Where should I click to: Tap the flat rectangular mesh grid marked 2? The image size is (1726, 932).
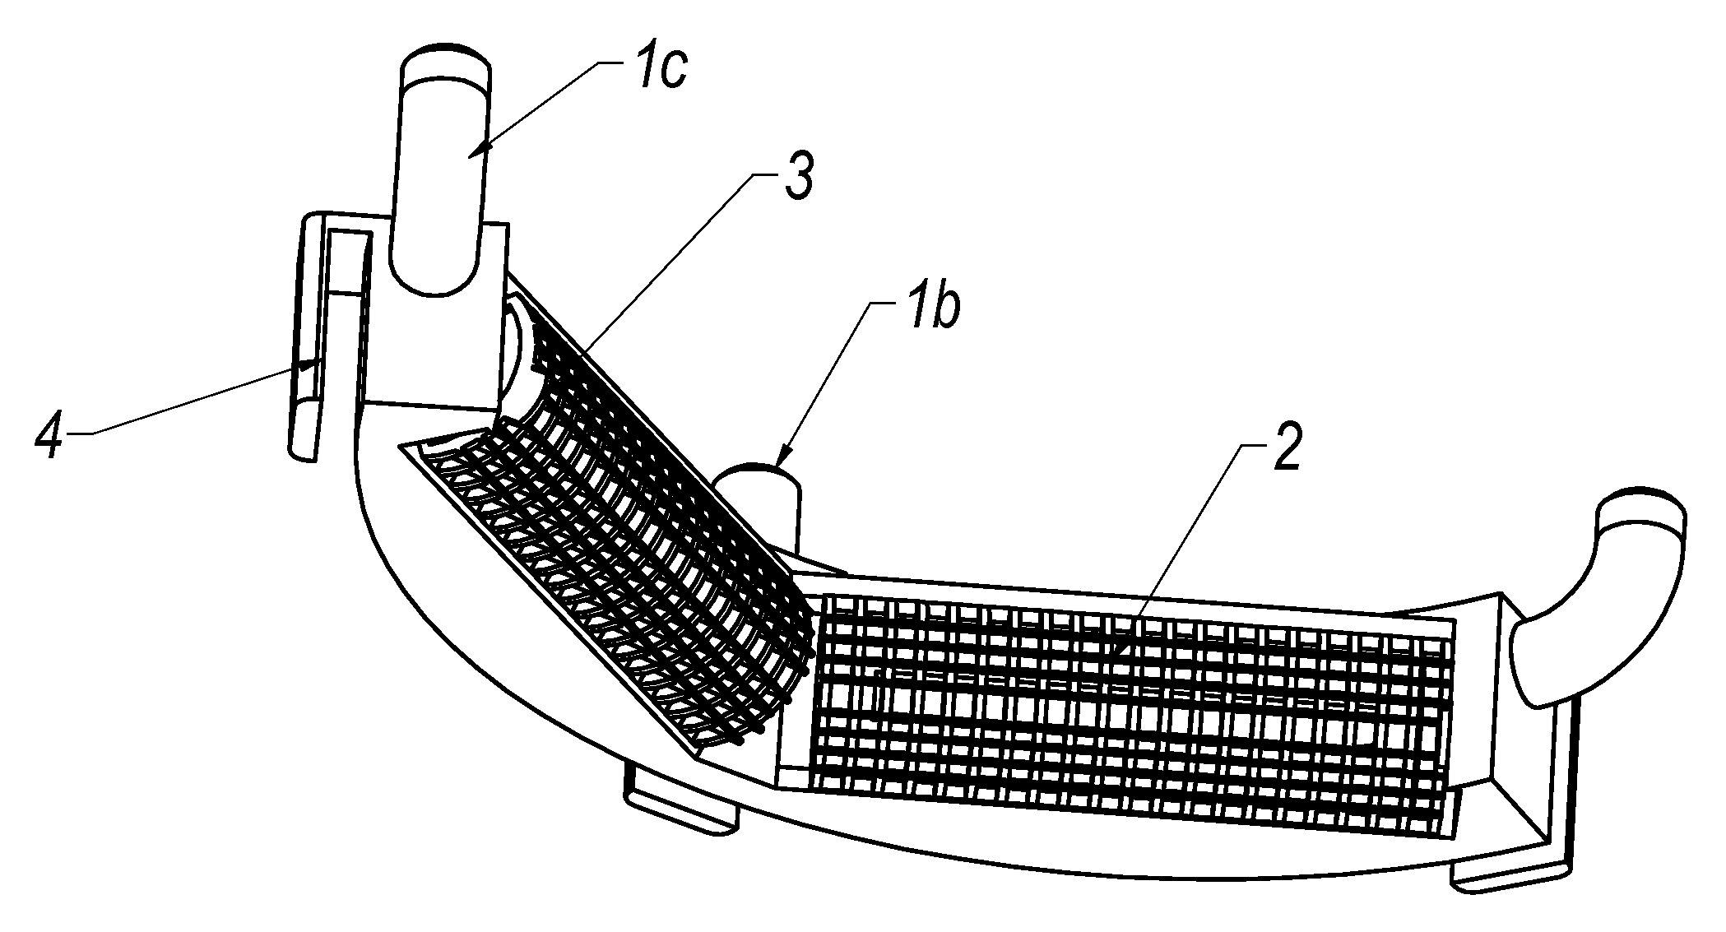(1131, 704)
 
